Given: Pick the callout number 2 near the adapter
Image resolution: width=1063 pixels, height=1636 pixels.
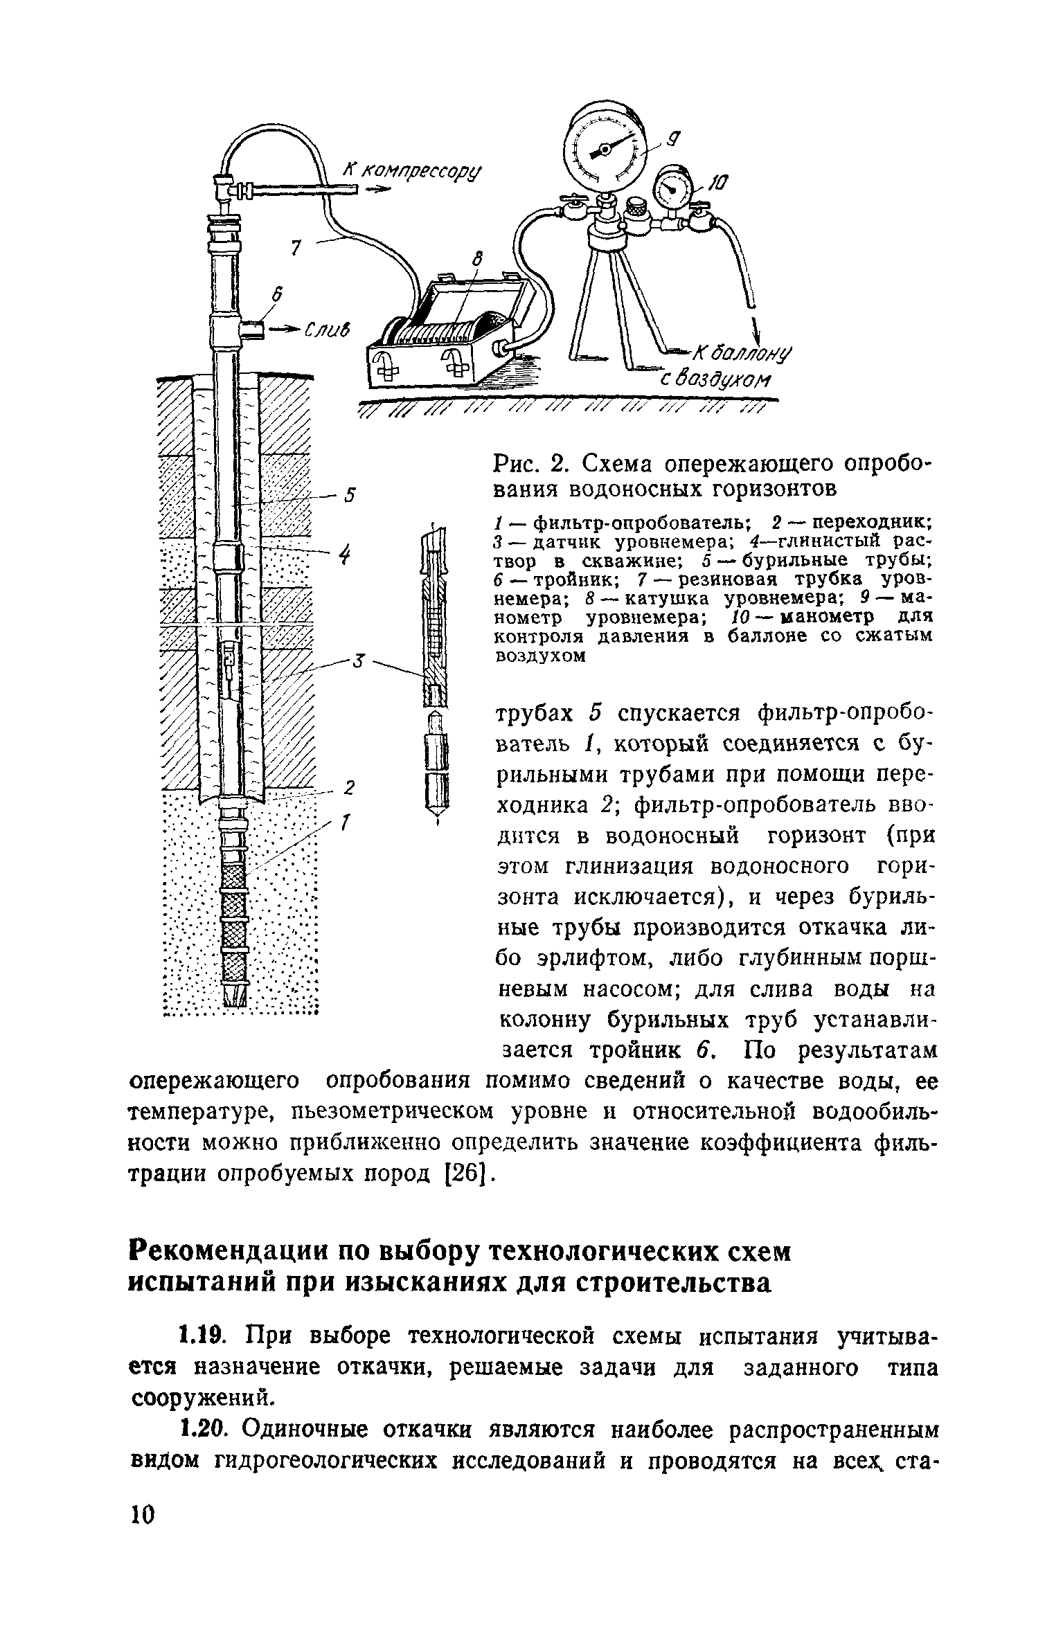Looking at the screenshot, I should point(350,787).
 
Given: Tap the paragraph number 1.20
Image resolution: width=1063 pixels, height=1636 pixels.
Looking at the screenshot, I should point(202,1428).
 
